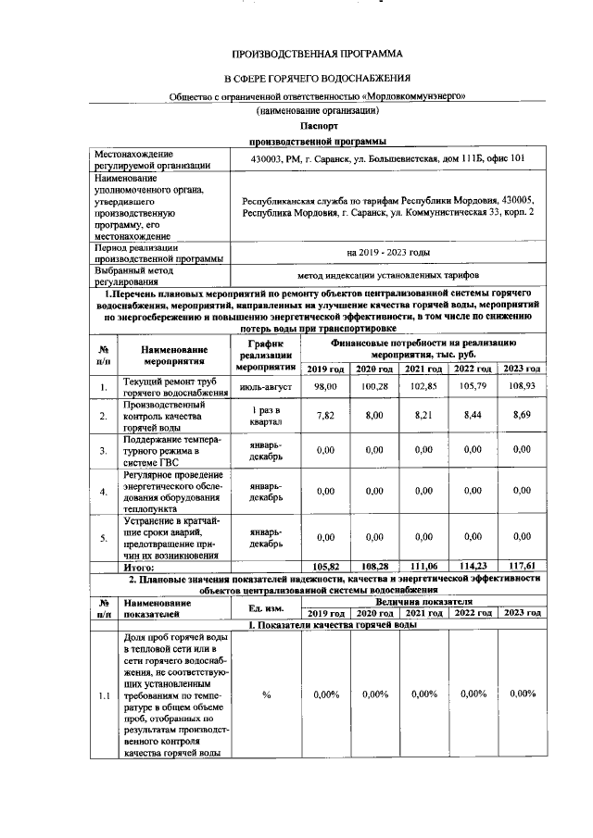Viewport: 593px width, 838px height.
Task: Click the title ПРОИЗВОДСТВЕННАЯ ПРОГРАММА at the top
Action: (318, 55)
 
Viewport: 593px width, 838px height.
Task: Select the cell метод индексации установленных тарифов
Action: (387, 276)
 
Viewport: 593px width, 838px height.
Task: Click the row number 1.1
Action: (104, 694)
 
